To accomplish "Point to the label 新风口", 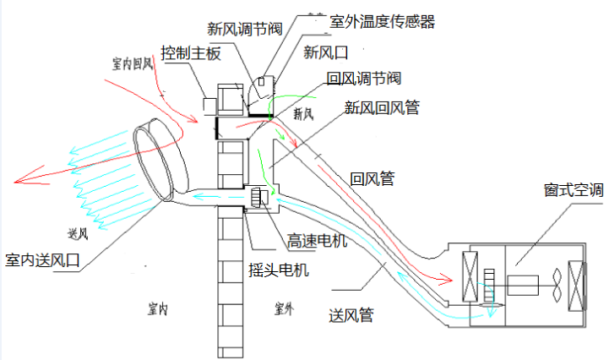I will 325,52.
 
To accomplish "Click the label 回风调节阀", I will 362,79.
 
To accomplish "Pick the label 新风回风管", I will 382,107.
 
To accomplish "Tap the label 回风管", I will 372,178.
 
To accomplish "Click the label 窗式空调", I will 574,190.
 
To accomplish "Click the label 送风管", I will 351,315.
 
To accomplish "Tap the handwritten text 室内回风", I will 132,63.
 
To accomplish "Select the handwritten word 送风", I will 77,232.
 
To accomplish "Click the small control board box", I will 209,102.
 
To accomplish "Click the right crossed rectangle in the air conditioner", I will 578,284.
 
